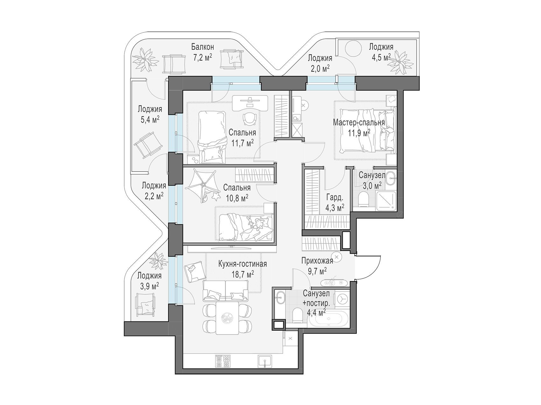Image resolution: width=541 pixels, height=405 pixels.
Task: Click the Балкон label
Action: (x=202, y=47)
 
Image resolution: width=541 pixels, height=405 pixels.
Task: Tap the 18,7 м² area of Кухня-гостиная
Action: (x=243, y=274)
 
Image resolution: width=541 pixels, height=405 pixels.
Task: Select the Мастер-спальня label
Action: (x=359, y=123)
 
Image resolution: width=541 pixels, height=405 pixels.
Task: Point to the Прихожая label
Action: (x=317, y=261)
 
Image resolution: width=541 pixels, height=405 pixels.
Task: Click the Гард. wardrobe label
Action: (x=334, y=198)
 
